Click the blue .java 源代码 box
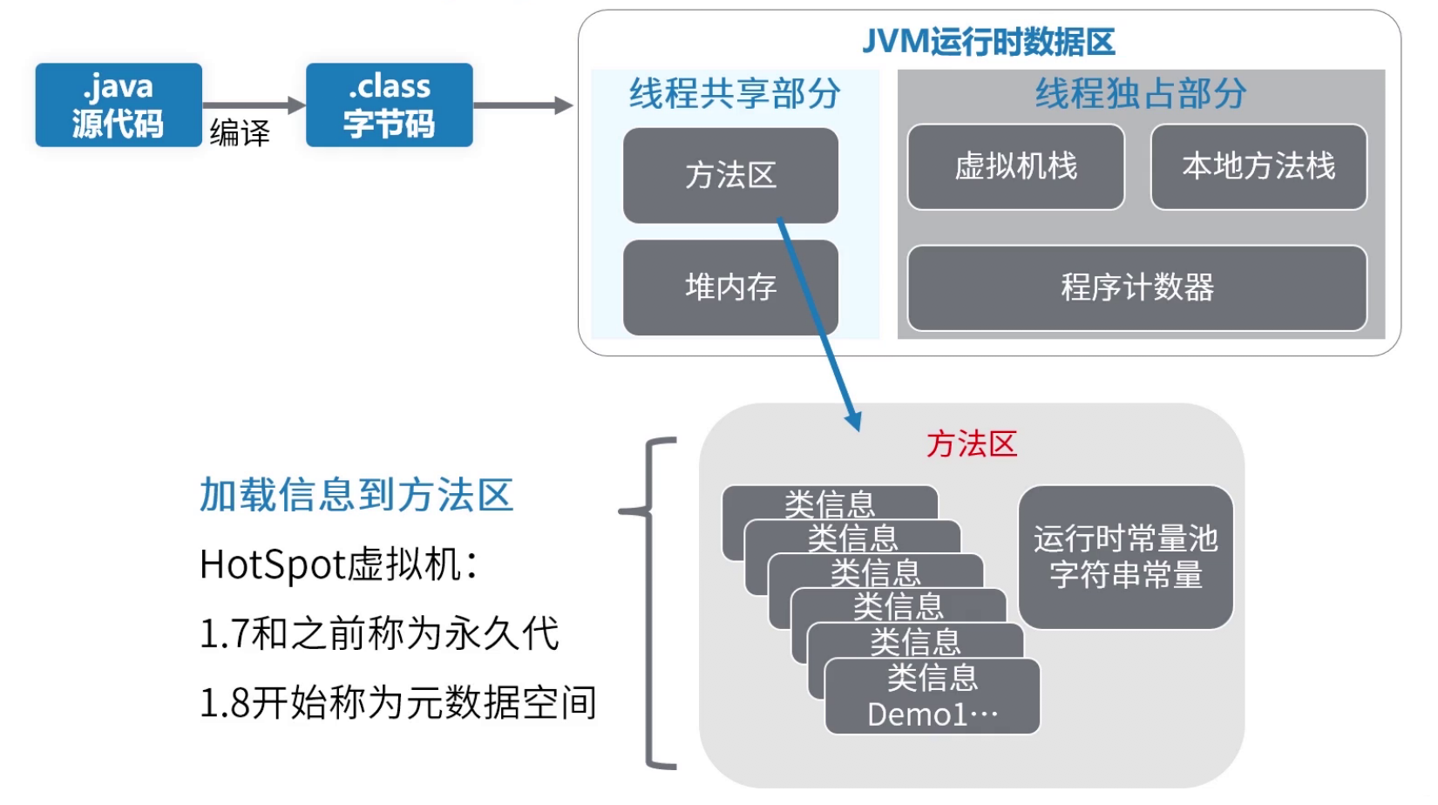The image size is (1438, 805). tap(119, 105)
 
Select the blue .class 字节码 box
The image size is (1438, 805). tap(389, 105)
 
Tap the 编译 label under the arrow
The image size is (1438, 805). tap(240, 132)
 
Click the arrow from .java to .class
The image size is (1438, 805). tap(253, 105)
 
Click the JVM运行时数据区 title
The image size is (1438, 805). tap(988, 42)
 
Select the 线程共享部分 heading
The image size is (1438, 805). tap(735, 93)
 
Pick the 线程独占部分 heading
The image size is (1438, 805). tap(1141, 93)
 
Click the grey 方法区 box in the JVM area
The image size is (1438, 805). tap(730, 175)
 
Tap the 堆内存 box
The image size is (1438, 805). tap(730, 287)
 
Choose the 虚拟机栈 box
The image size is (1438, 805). tap(1015, 166)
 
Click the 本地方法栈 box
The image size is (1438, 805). tap(1258, 166)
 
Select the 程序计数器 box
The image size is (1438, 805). tap(1137, 287)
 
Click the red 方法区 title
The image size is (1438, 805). tap(972, 444)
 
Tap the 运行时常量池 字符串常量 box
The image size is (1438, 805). tap(1125, 557)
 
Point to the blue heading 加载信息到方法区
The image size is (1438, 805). tap(356, 495)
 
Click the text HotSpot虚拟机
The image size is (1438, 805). tap(338, 565)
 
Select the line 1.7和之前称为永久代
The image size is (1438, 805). tap(379, 633)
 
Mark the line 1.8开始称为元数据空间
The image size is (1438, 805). tap(398, 702)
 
